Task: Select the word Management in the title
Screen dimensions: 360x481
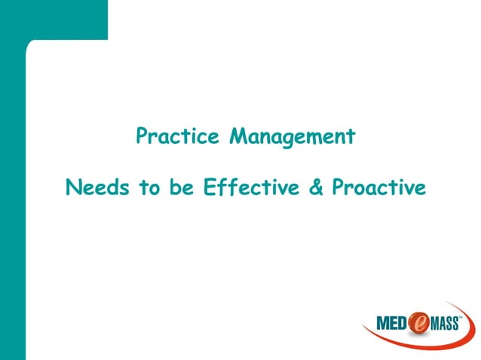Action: pyautogui.click(x=292, y=138)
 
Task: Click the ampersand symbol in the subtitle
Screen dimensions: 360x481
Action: pyautogui.click(x=316, y=187)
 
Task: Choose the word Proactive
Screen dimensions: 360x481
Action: pyautogui.click(x=379, y=186)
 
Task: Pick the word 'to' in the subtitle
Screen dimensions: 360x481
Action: pyautogui.click(x=147, y=187)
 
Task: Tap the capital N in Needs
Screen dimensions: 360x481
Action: pyautogui.click(x=73, y=186)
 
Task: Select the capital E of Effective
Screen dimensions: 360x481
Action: pyautogui.click(x=209, y=186)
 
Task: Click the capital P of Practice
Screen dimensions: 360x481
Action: pyautogui.click(x=141, y=137)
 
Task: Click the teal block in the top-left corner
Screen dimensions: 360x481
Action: pyautogui.click(x=53, y=19)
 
